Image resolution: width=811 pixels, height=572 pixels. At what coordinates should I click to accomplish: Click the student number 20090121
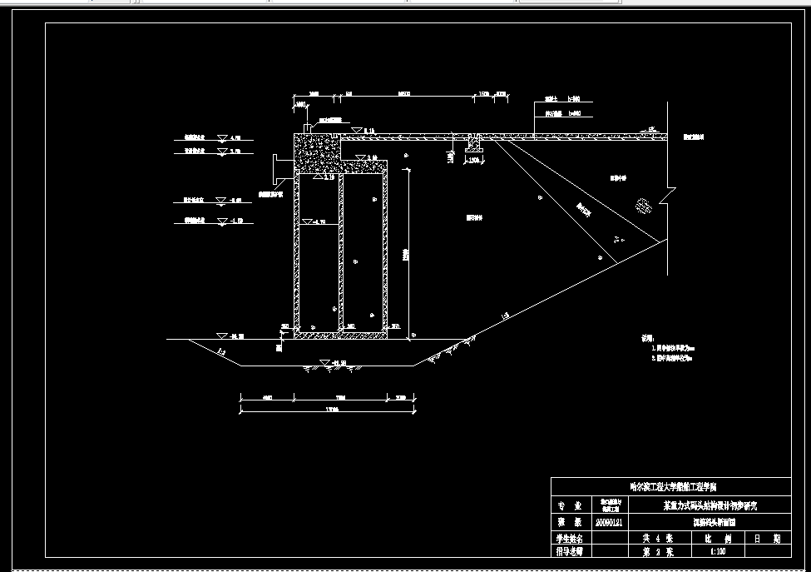(608, 523)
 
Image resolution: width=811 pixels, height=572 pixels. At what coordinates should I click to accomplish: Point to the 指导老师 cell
(570, 551)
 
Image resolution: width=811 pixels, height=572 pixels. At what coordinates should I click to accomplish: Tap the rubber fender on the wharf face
(276, 169)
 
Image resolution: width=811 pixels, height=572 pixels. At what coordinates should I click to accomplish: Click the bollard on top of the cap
(306, 127)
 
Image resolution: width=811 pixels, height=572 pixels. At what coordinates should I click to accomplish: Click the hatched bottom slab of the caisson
(339, 334)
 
